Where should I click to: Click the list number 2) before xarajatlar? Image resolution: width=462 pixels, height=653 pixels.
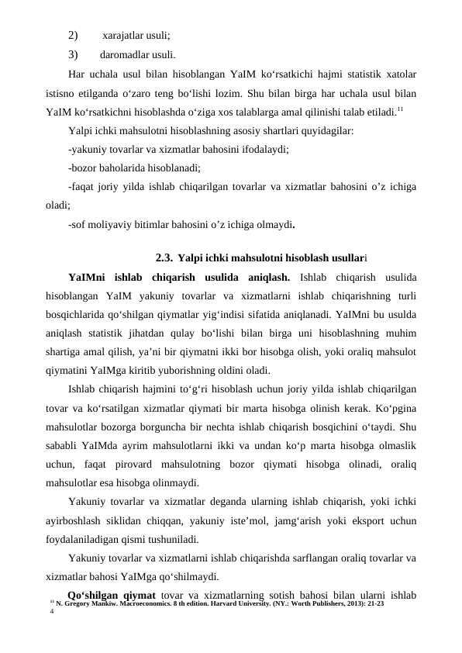(x=73, y=36)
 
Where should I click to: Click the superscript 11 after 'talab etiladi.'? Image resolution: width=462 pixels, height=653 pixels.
(x=400, y=108)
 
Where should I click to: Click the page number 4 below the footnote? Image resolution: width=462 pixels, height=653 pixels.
(x=51, y=612)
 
